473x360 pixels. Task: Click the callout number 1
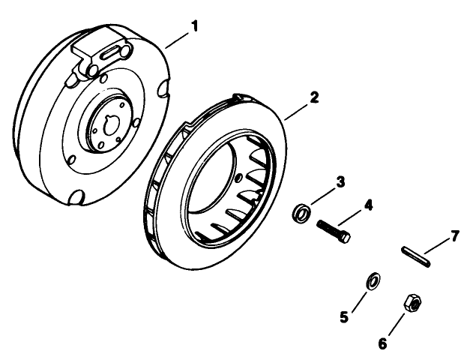pyautogui.click(x=194, y=26)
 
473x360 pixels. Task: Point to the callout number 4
pyautogui.click(x=368, y=204)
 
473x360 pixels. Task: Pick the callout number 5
pyautogui.click(x=344, y=316)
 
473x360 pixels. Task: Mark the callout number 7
pyautogui.click(x=454, y=238)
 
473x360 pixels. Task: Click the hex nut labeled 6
pyautogui.click(x=412, y=303)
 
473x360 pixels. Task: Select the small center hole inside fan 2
pyautogui.click(x=238, y=178)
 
